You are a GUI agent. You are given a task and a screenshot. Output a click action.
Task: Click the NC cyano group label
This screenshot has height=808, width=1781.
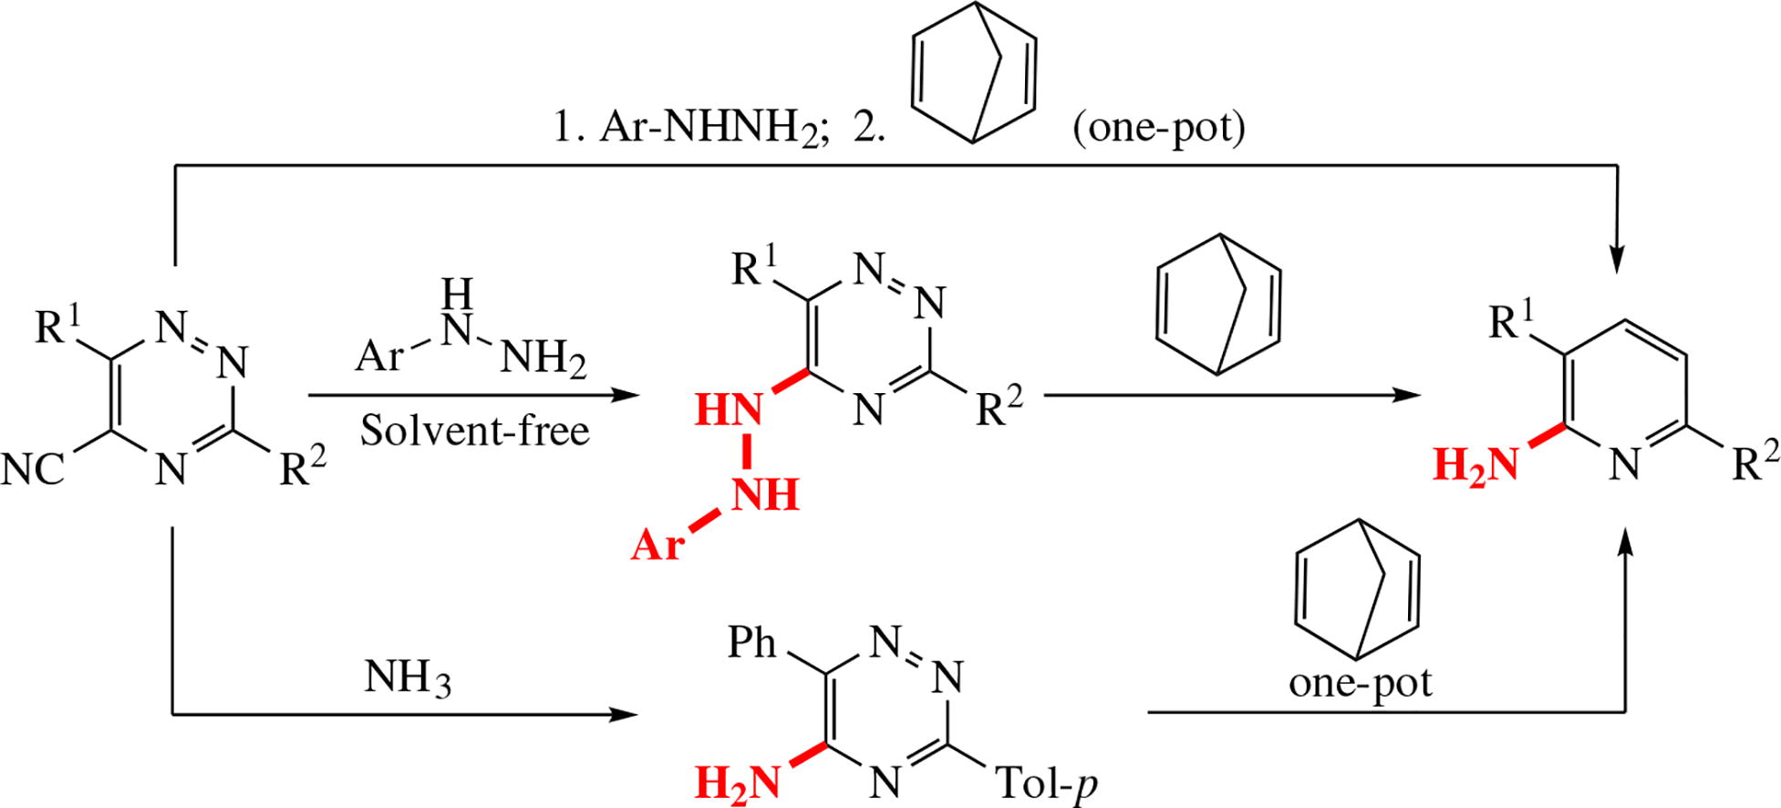tap(35, 470)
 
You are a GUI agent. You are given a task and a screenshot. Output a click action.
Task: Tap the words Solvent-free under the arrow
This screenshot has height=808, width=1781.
tap(474, 430)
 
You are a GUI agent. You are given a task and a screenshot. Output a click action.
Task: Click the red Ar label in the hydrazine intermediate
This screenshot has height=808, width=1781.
tap(658, 545)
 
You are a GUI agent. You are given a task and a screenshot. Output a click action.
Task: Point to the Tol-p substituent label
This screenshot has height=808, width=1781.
tap(1046, 782)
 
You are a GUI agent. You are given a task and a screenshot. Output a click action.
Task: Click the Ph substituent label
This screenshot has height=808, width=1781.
tap(752, 644)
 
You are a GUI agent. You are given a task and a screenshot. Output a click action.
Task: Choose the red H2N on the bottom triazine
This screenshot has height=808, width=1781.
tap(738, 782)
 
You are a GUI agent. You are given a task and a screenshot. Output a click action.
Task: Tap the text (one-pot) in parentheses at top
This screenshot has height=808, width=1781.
tap(1158, 129)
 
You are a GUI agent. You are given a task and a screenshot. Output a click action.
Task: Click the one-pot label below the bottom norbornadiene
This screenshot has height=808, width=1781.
tap(1360, 682)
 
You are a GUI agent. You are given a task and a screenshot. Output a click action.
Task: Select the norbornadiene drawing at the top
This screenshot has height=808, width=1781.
tap(974, 73)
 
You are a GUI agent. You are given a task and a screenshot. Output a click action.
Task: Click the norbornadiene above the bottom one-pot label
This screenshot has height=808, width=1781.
tap(1358, 588)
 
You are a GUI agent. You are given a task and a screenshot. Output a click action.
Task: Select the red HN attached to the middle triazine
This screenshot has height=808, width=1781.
tap(728, 410)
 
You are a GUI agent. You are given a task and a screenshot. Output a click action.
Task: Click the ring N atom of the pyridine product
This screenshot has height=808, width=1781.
tap(1623, 466)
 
